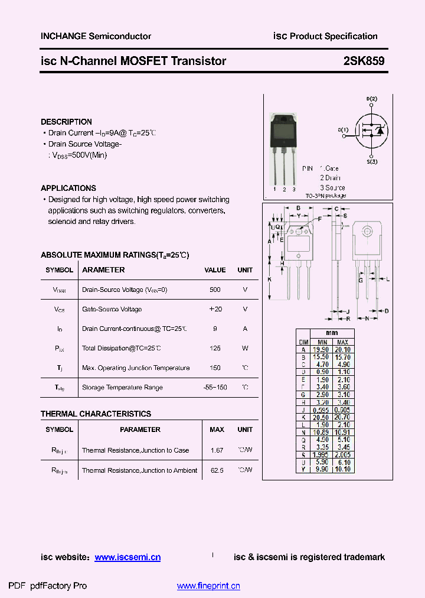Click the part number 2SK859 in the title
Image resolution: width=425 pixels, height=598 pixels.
click(364, 60)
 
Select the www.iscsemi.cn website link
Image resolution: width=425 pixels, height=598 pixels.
click(127, 557)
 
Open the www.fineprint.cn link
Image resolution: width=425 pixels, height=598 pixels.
click(208, 586)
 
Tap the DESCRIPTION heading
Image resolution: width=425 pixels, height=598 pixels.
click(66, 122)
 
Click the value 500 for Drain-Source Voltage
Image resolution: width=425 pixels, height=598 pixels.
click(215, 290)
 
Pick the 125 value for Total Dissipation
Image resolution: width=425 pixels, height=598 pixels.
click(215, 348)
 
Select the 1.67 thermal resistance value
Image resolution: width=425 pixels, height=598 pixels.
click(217, 450)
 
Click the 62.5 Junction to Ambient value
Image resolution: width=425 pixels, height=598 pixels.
click(217, 470)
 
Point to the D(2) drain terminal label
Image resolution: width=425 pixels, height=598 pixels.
click(371, 99)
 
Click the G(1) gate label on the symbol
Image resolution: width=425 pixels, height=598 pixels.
click(343, 130)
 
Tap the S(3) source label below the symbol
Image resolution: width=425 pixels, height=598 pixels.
click(371, 161)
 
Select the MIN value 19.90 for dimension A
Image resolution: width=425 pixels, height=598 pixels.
click(322, 350)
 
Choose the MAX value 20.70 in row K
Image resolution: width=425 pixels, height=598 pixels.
click(342, 417)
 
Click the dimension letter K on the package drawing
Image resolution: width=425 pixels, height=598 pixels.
click(269, 279)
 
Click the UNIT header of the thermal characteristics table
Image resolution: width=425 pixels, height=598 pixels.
click(245, 430)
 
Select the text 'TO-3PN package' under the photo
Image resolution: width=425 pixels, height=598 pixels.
click(325, 196)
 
